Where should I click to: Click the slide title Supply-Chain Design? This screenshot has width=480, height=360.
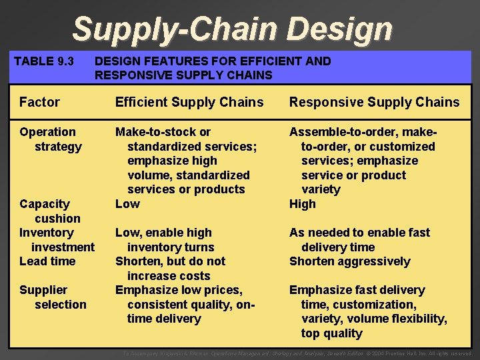click(x=232, y=29)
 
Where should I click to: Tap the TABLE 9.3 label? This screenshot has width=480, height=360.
click(x=44, y=61)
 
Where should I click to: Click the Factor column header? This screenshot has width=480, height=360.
click(x=39, y=102)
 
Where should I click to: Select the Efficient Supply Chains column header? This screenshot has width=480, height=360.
click(x=189, y=102)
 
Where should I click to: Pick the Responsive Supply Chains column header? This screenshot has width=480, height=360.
click(x=374, y=102)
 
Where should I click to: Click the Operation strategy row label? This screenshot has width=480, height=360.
click(x=50, y=139)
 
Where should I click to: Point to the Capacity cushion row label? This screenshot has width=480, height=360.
click(x=49, y=211)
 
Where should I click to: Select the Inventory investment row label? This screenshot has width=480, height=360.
click(x=56, y=239)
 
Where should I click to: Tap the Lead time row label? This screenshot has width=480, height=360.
click(x=47, y=261)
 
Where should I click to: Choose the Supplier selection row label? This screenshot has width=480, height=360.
click(x=53, y=297)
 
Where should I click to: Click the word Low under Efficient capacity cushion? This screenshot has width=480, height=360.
click(x=127, y=204)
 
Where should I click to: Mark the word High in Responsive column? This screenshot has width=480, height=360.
click(x=303, y=204)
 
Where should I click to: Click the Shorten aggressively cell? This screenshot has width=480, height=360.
click(x=349, y=261)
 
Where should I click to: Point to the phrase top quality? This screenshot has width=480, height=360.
click(x=331, y=333)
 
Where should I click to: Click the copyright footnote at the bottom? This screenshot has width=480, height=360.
click(x=297, y=353)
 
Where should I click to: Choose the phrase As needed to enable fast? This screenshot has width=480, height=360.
click(x=359, y=233)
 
